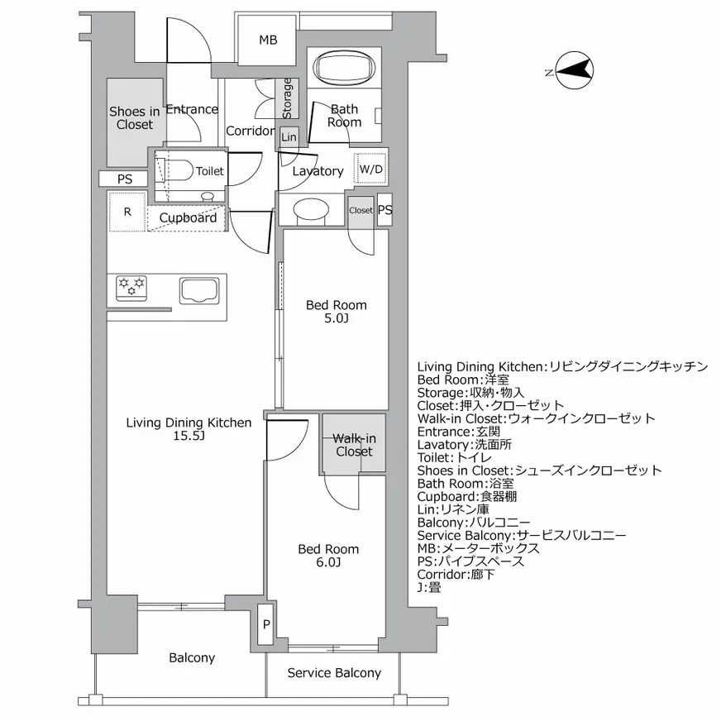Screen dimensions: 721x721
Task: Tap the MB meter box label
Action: click(x=267, y=41)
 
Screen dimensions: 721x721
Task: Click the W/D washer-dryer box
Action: click(x=370, y=170)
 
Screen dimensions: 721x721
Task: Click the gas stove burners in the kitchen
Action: click(x=131, y=287)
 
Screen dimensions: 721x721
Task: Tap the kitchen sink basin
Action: click(x=198, y=290)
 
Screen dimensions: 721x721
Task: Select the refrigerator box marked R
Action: click(x=127, y=212)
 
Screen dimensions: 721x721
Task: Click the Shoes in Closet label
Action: click(x=135, y=118)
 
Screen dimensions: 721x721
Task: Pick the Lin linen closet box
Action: click(x=289, y=137)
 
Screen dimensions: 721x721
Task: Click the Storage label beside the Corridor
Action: click(x=288, y=98)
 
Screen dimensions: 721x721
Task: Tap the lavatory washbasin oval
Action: click(x=311, y=210)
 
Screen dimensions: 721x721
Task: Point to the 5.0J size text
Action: click(x=336, y=318)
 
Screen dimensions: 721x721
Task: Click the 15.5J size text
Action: click(x=188, y=436)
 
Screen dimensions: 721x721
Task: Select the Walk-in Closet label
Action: click(x=354, y=445)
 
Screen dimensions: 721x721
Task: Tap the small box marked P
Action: click(x=265, y=625)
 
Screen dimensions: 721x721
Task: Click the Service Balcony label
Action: click(x=334, y=673)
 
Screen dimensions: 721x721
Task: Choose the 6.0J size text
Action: click(x=327, y=563)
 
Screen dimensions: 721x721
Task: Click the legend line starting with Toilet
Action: click(x=454, y=457)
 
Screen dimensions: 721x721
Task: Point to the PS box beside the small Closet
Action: click(x=384, y=210)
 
